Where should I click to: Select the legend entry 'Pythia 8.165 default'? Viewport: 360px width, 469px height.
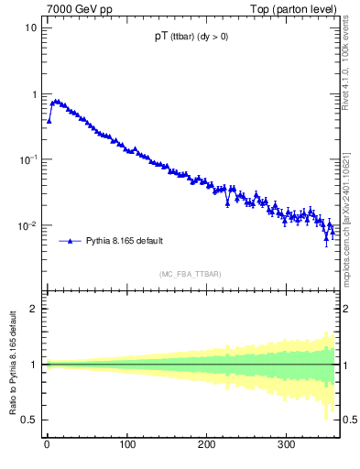click(124, 241)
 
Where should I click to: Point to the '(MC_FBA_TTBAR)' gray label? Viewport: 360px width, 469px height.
click(190, 274)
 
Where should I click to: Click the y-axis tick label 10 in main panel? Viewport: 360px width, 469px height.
click(31, 27)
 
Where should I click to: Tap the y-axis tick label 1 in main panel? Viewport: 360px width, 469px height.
click(34, 94)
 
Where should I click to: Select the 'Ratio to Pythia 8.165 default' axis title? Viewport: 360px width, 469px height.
click(12, 364)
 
